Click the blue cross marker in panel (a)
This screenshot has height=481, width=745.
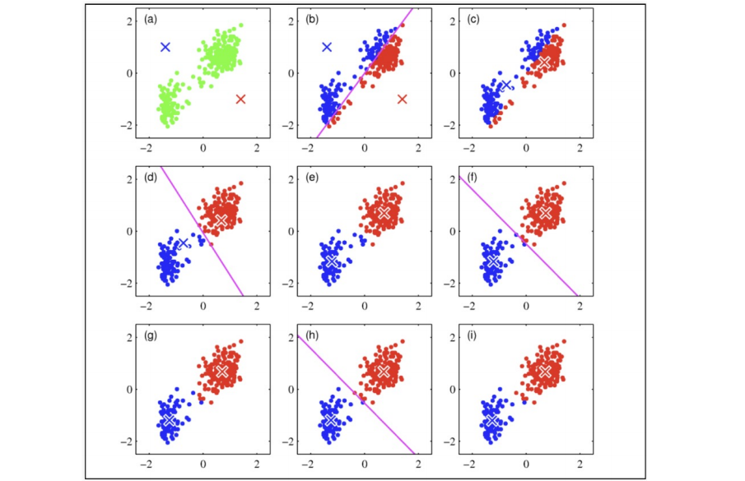click(165, 47)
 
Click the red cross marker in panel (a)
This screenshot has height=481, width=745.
click(240, 99)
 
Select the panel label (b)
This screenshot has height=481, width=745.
click(312, 19)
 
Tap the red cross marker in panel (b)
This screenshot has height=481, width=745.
click(403, 99)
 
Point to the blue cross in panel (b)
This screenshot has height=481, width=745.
click(327, 47)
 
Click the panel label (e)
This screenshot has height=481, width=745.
click(312, 178)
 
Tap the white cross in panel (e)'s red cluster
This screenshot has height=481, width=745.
click(383, 213)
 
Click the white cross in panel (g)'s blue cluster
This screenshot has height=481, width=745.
click(170, 420)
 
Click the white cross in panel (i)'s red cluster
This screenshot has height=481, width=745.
click(544, 372)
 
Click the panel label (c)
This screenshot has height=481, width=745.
click(473, 19)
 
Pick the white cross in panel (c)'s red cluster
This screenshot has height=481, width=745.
click(544, 62)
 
